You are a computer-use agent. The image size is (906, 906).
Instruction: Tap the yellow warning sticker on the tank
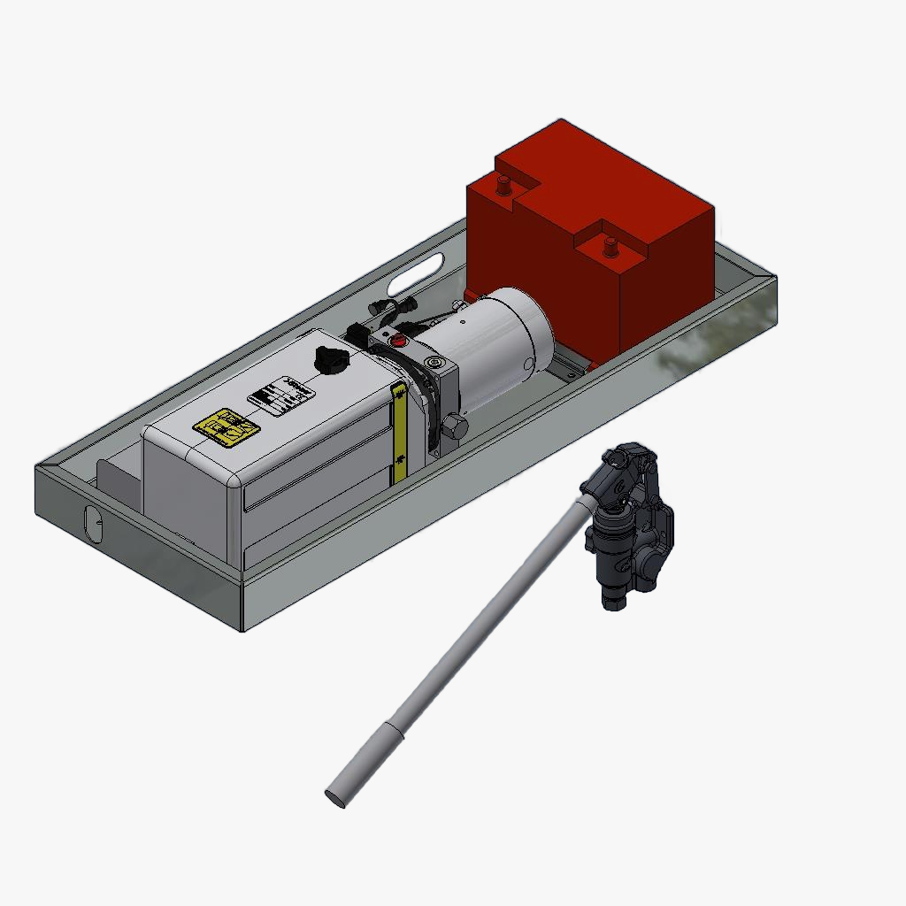coord(226,426)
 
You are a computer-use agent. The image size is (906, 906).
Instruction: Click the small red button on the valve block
coord(397,340)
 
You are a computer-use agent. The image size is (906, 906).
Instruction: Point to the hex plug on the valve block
coord(455,426)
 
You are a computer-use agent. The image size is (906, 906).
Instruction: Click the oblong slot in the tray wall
coord(415,272)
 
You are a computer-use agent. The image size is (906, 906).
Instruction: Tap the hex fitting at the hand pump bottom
coord(615,599)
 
